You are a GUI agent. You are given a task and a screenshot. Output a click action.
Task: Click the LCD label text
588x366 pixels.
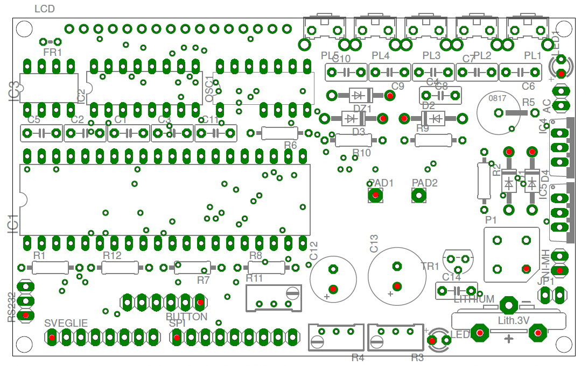44,9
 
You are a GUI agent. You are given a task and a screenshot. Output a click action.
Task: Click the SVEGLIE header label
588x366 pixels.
66,323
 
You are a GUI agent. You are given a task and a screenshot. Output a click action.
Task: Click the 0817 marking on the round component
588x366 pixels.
497,98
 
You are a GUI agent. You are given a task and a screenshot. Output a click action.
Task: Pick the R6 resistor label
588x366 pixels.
290,145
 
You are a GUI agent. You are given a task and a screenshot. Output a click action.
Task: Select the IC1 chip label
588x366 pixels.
13,224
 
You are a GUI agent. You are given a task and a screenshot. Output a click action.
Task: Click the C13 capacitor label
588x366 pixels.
374,243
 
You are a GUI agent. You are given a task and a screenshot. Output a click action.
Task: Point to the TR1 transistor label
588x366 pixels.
430,266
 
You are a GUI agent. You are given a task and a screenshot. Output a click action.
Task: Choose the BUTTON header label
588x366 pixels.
186,317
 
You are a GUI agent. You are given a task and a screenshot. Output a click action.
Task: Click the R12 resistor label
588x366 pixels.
112,255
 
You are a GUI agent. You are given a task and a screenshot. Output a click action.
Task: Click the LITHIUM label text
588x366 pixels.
474,299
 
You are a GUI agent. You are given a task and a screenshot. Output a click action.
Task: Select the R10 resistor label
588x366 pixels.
362,153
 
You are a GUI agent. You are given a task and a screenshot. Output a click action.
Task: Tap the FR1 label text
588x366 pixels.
53,53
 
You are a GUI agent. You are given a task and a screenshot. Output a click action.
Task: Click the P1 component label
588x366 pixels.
491,220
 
